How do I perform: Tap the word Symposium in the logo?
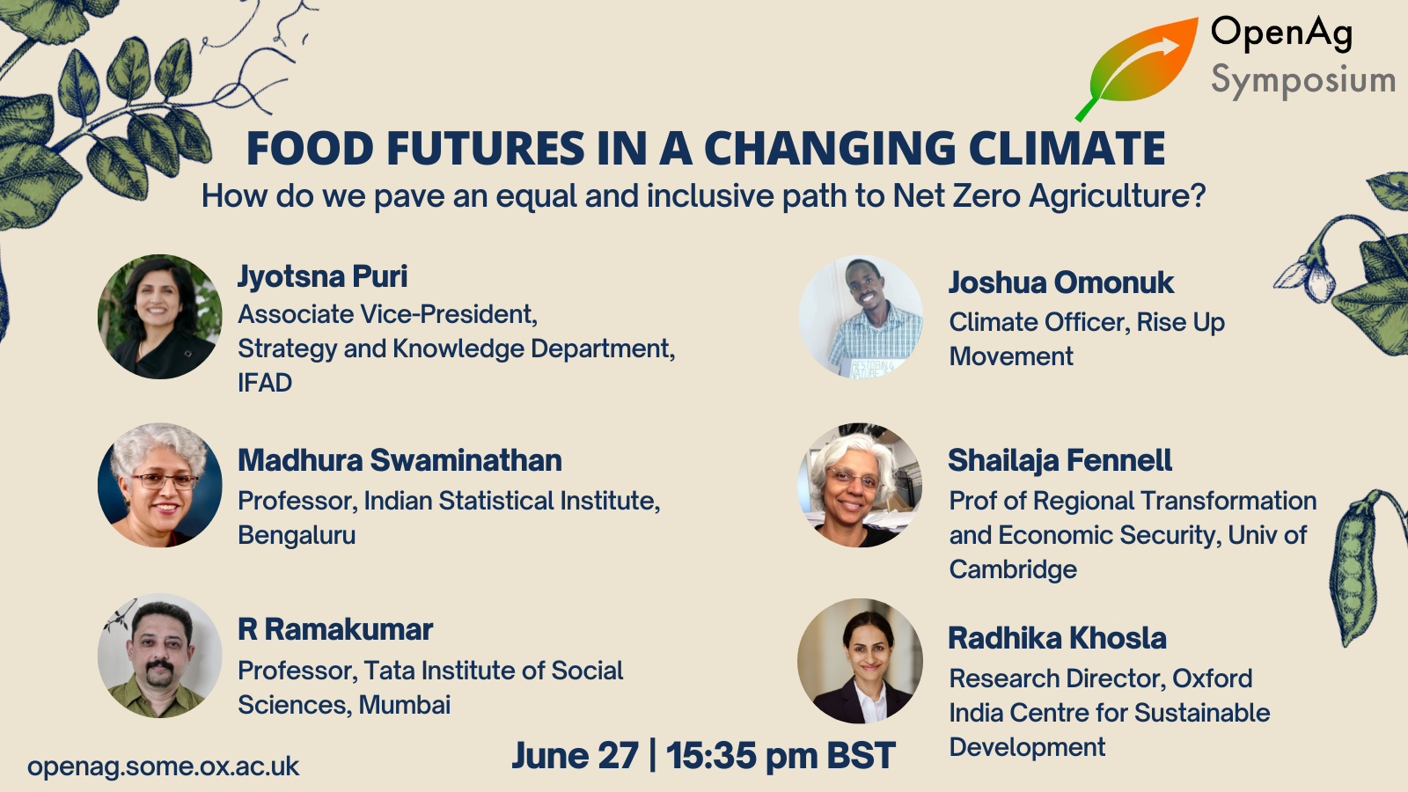point(1303,81)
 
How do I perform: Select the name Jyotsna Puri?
point(322,277)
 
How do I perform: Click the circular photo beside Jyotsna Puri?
point(159,316)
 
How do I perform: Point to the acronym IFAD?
point(265,383)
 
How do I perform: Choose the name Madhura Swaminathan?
point(400,460)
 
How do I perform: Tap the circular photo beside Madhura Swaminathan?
point(159,485)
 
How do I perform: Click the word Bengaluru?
point(297,536)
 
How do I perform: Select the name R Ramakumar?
point(335,629)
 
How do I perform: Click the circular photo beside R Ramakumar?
point(159,656)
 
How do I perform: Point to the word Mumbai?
point(405,705)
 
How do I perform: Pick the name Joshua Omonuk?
point(1061,282)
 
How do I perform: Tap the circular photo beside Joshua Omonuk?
point(862,316)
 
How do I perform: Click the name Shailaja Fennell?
point(1060,460)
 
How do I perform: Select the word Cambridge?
point(1013,569)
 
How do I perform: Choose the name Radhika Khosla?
point(1057,638)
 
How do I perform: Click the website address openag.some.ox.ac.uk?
point(164,766)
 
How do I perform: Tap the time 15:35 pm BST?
point(781,755)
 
